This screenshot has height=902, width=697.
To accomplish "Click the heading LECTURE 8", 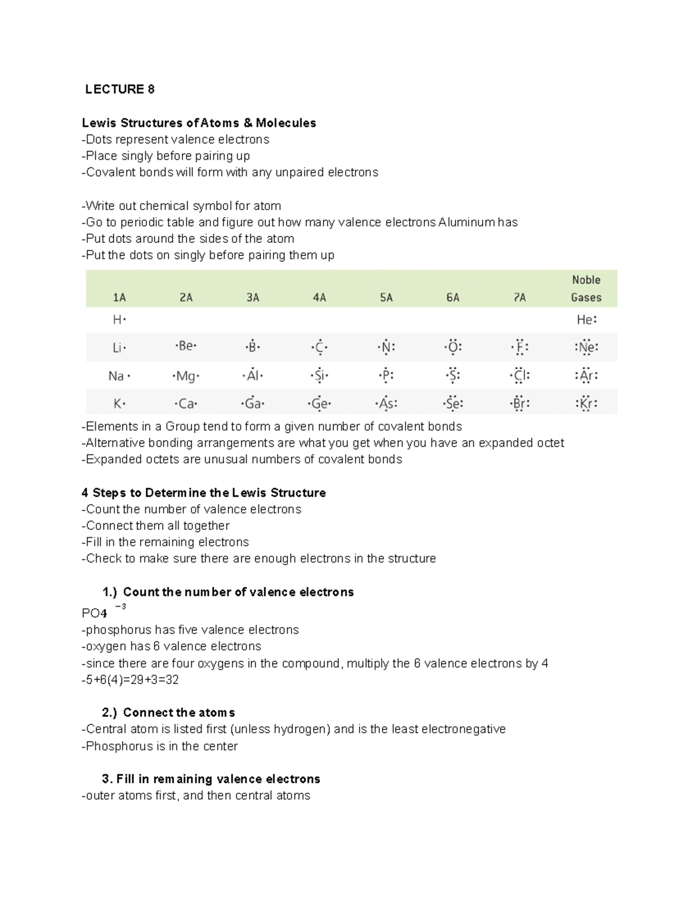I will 120,89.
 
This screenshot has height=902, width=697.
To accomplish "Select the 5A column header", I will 386,297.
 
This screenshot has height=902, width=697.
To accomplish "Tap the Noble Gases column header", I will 585,289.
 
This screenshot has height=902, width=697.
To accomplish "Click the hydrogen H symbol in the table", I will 118,319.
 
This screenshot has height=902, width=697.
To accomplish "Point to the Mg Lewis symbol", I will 186,376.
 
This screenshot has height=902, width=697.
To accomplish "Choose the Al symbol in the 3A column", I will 253,376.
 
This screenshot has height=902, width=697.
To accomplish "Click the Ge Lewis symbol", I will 319,403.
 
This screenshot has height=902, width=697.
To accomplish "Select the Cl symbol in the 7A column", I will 520,376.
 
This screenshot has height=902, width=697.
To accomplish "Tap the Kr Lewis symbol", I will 586,403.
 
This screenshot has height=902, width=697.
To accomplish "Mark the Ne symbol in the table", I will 586,347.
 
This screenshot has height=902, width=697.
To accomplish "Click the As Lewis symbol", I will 386,403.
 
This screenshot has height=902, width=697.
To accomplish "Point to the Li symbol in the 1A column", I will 118,347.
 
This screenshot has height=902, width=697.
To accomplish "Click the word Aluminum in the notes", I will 463,222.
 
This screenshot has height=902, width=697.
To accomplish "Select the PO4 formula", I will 95,613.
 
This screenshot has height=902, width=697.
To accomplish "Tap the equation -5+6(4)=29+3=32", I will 130,680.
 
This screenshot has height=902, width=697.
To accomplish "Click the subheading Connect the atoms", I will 178,713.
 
